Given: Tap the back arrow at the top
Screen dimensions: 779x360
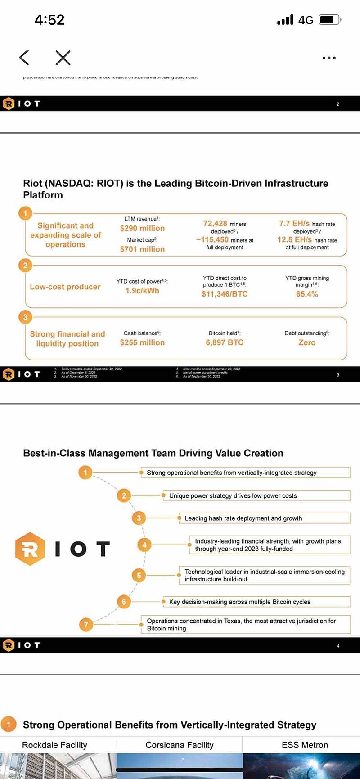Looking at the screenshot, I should pos(24,58).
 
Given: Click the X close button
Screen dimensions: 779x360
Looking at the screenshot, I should pos(63,58).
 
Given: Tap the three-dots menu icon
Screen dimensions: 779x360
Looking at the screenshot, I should pos(329,58).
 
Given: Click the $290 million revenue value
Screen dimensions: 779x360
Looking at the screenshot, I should pos(142,228).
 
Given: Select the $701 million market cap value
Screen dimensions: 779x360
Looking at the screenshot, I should pos(142,249).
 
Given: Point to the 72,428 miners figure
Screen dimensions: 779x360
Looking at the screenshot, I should pos(215,223).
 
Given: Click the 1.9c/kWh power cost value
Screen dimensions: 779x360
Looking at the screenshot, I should pos(142,291).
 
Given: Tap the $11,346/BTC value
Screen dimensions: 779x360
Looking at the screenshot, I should pos(225,294).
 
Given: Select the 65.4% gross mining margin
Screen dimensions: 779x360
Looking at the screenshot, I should pos(307,294).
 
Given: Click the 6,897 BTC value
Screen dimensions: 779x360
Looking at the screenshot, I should pos(225,342).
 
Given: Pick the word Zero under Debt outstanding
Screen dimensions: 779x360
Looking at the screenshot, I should pos(307,342).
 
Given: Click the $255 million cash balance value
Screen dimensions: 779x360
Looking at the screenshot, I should pos(142,342).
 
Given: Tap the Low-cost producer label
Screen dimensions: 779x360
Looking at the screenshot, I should pos(65,287).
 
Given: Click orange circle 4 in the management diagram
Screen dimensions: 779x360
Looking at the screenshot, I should pos(144,545).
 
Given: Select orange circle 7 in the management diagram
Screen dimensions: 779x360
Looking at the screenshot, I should pos(86,625).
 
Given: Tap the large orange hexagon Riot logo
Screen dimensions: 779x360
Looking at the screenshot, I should pos(30,549).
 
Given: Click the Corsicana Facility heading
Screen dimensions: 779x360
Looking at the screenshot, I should pos(180,745).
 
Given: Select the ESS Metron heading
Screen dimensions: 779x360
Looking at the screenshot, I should pos(305,745).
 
